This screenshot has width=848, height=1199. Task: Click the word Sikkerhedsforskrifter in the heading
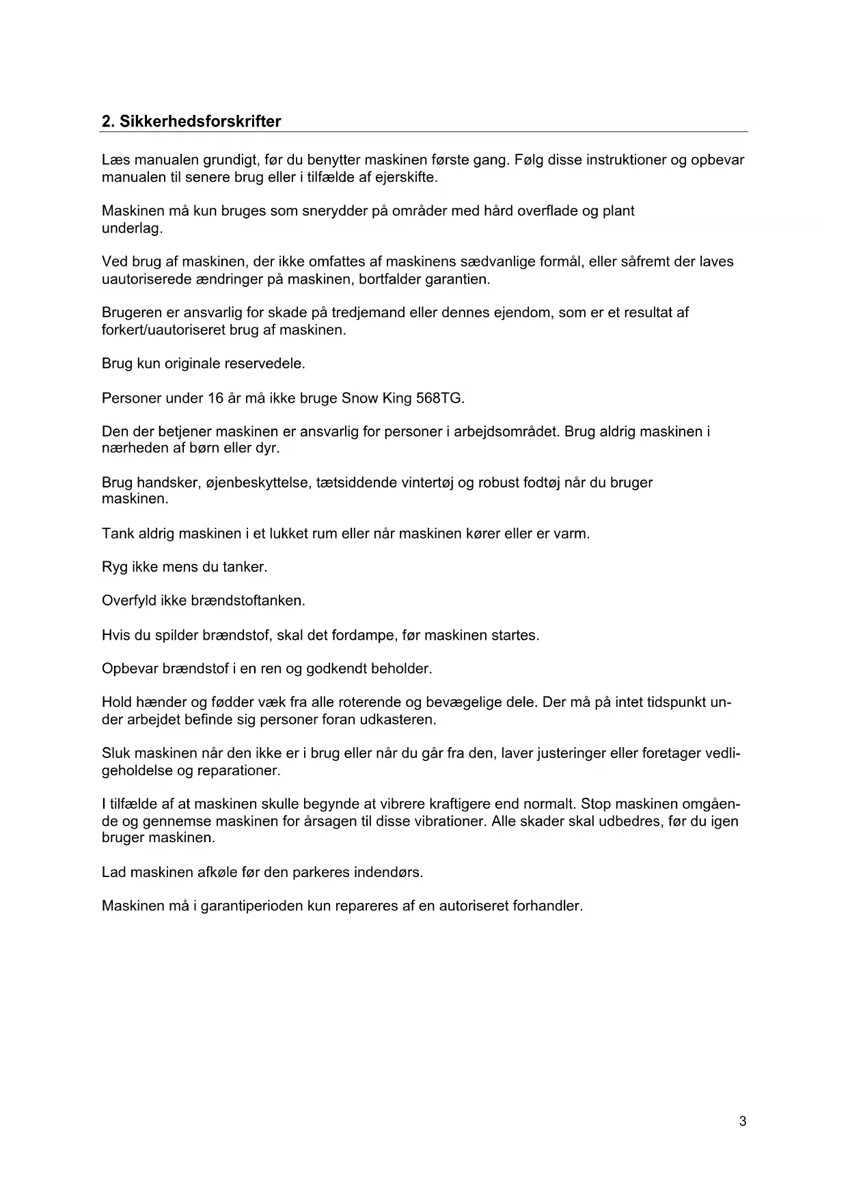[200, 122]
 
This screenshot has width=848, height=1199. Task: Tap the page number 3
[743, 1121]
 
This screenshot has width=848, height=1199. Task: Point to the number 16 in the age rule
[216, 398]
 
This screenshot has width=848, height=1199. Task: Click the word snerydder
[333, 211]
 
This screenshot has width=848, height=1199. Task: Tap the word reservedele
[264, 364]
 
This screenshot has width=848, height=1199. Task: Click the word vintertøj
[423, 483]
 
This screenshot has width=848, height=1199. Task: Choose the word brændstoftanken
[253, 601]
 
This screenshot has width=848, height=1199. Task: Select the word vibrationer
[449, 821]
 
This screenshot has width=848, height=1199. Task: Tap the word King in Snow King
[396, 398]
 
